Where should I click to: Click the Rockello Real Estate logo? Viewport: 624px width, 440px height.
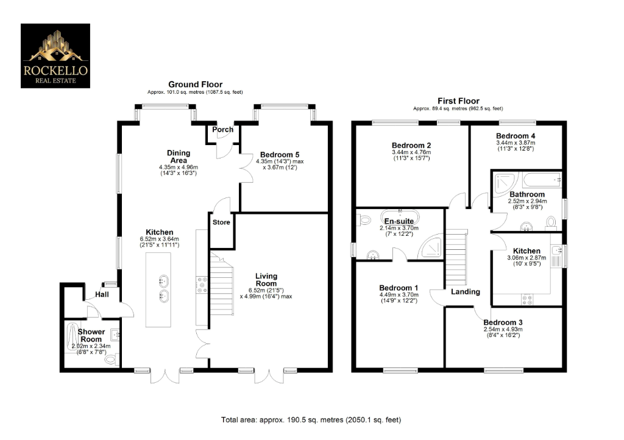(55, 55)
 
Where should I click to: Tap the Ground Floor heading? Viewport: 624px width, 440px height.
(195, 85)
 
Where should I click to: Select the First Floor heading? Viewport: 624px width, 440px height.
(458, 101)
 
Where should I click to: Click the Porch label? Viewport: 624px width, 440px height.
(222, 130)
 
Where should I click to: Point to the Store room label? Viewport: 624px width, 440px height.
(222, 222)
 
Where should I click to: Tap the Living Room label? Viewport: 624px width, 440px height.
(266, 280)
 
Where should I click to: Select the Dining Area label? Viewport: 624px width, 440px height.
(179, 157)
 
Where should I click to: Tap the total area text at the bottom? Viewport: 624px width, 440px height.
(311, 420)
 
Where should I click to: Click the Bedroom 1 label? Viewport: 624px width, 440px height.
(399, 288)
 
